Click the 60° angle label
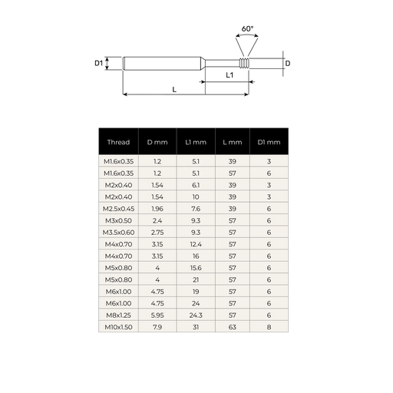pos(247,28)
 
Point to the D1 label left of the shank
pos(99,63)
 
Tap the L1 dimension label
pos(230,75)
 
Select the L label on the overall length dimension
pos(174,90)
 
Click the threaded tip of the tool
pos(244,63)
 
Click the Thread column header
pos(118,142)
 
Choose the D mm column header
pos(157,142)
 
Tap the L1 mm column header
pos(196,142)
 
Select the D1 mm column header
pos(269,142)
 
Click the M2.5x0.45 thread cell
pos(118,209)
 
